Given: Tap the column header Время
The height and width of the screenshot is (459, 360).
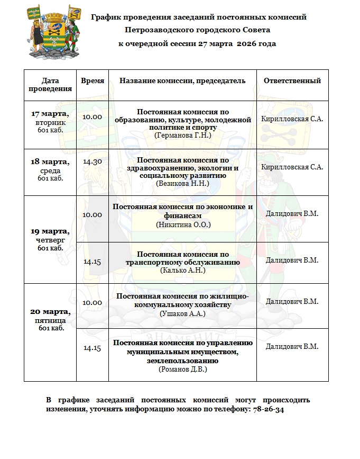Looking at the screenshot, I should (93, 81).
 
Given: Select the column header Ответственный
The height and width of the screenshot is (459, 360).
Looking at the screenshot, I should (292, 81).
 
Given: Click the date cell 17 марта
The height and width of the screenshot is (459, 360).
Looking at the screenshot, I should (50, 114).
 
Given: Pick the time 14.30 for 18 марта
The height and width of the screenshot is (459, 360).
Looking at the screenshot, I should (93, 161).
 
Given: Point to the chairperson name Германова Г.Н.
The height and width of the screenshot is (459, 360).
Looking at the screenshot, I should (183, 136).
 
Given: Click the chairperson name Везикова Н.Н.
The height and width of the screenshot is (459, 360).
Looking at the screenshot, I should (183, 183).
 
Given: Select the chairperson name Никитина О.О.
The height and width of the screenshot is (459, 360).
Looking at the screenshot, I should (183, 224).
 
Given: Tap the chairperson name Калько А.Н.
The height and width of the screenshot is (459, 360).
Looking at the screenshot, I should (183, 270).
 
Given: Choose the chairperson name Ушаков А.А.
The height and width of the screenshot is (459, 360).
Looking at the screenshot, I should (182, 313).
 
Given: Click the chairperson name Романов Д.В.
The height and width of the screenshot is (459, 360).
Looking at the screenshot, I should (183, 369).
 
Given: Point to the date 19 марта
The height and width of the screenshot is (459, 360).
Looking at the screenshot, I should (50, 231).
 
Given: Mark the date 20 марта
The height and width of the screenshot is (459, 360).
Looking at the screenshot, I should (50, 311).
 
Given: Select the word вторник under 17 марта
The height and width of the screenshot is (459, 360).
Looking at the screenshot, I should (50, 122).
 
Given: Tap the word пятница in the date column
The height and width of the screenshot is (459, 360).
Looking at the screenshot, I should (50, 320).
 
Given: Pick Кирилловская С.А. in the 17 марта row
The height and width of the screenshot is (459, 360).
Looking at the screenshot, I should (292, 119).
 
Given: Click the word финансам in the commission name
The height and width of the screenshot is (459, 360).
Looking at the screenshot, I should (183, 216).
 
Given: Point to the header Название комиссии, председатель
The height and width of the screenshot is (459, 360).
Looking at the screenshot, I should (182, 81).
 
